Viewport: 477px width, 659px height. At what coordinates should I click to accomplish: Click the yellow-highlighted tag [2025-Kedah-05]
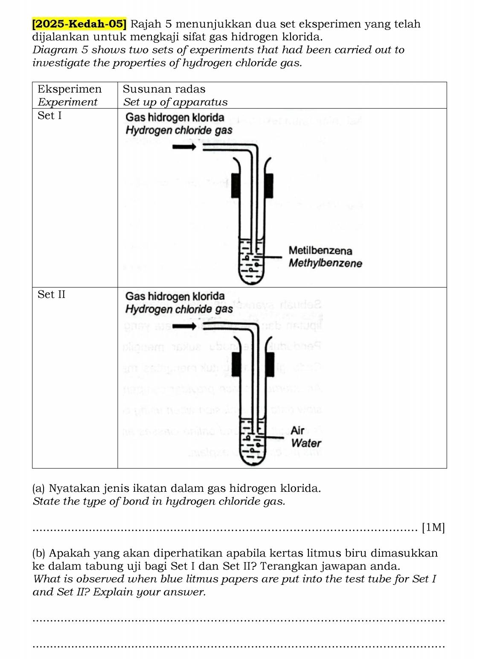coord(79,24)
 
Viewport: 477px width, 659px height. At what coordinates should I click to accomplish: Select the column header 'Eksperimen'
coord(70,89)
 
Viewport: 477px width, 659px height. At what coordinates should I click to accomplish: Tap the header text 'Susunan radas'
coord(164,89)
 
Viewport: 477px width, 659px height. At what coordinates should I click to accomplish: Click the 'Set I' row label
coord(49,116)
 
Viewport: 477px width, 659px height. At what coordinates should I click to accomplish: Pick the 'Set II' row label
coord(51,294)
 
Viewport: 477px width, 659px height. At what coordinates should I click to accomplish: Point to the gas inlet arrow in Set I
coord(184,147)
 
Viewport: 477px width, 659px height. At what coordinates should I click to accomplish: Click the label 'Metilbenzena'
coord(320,250)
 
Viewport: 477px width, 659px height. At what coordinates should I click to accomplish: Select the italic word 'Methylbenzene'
coord(325,263)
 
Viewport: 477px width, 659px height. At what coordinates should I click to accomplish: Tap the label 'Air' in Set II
coord(297,430)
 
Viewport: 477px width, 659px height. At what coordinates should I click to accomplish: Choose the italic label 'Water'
coord(306,443)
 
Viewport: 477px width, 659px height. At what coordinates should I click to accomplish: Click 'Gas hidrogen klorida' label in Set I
coord(175,117)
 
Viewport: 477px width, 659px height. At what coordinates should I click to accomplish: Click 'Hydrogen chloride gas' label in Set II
coord(179,309)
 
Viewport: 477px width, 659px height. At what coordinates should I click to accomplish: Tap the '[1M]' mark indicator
coord(433,528)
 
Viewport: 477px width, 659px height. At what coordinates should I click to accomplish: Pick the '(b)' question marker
coord(39,553)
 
